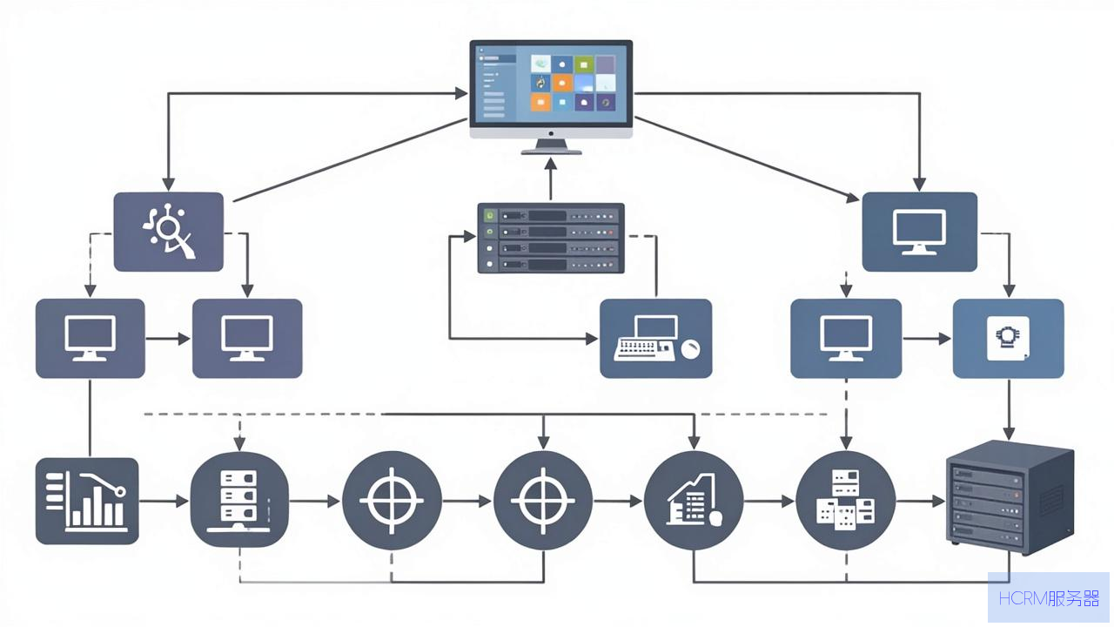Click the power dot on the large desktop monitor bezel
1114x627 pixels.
551,133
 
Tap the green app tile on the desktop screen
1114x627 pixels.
584,64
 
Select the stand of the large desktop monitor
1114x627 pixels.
551,147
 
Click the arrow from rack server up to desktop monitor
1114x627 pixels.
551,179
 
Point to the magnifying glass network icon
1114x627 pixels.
169,232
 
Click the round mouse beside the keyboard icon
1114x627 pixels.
691,349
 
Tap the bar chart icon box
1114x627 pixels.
87,501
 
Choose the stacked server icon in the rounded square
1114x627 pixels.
239,500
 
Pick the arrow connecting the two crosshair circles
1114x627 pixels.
467,501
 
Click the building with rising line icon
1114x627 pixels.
694,500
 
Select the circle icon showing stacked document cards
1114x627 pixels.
846,500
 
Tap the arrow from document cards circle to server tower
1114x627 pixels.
921,501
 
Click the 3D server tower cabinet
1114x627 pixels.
1010,497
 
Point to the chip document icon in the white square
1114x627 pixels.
1008,339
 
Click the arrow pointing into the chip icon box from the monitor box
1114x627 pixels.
927,339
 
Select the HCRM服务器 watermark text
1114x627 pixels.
1049,598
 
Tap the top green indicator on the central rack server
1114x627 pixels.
490,215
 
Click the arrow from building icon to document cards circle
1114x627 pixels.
769,501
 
